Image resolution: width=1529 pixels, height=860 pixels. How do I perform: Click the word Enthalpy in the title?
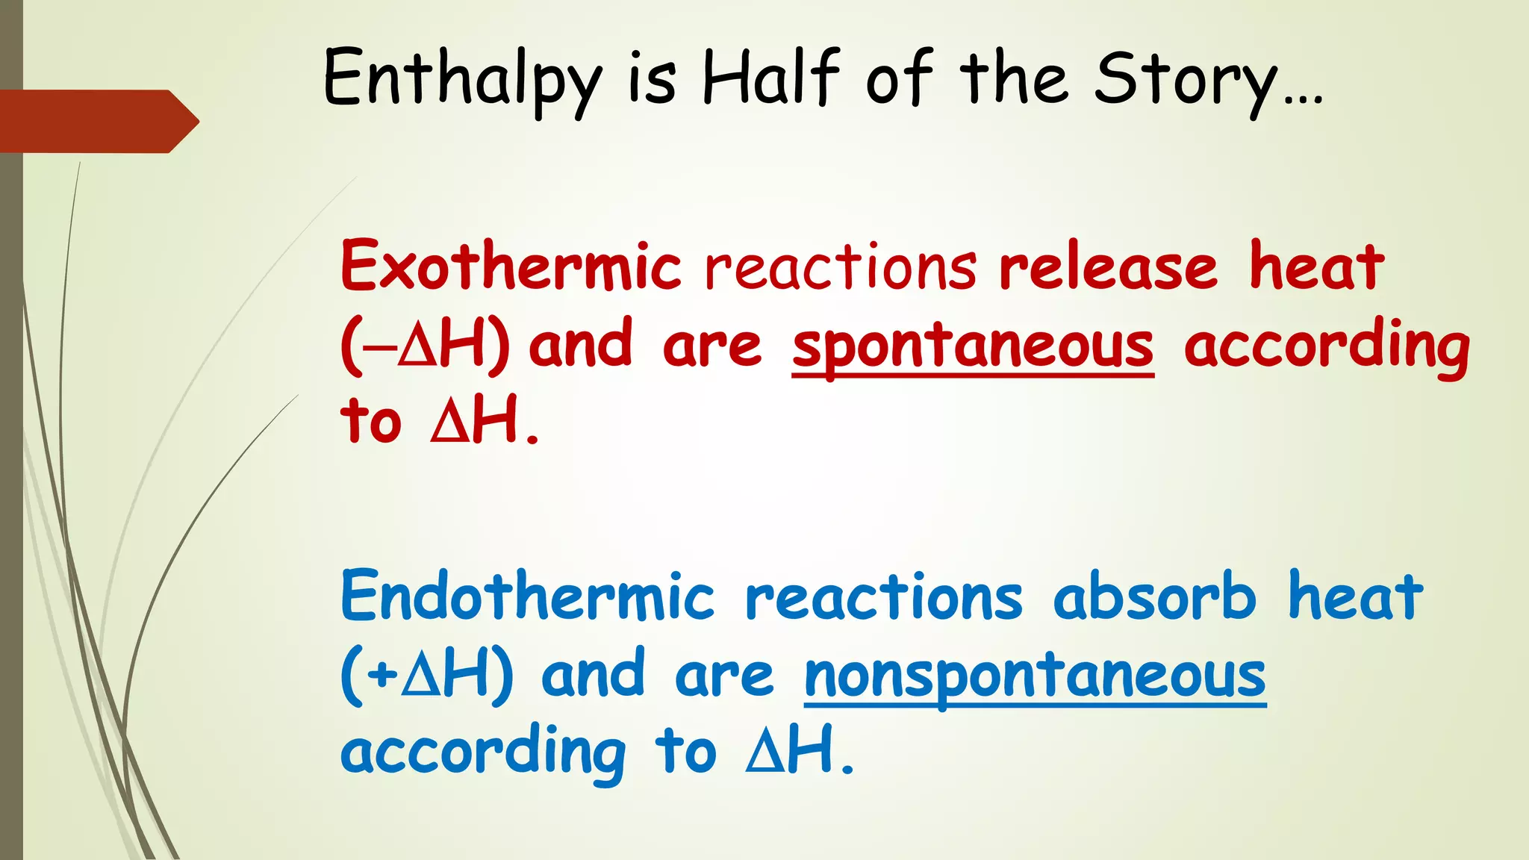461,81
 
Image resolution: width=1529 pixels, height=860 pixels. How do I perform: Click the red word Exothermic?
511,267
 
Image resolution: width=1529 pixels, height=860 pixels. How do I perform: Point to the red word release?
1108,267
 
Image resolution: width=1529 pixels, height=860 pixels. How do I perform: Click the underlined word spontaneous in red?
973,347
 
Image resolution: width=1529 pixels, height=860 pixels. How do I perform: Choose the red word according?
1326,347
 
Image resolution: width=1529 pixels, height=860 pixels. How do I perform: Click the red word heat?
1317,267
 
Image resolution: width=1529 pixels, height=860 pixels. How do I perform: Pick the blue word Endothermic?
528,596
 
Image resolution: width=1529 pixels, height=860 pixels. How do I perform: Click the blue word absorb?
1155,596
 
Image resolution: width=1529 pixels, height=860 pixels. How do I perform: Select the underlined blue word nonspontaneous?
1035,677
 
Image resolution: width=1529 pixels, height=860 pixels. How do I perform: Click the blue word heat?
1356,596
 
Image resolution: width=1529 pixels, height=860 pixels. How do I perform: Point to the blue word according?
483,752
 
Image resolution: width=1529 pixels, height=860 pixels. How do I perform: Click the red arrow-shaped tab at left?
97,121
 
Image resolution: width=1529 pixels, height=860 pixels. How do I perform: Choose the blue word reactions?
884,598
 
